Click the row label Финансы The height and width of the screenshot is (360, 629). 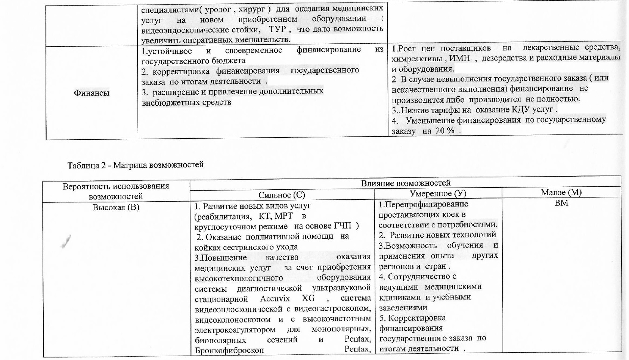[x=92, y=93]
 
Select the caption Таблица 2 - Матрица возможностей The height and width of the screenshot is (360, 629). [x=135, y=165]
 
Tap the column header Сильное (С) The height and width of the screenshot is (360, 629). [x=282, y=195]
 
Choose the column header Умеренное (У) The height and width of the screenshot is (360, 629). [x=438, y=193]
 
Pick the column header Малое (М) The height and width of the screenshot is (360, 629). [x=561, y=192]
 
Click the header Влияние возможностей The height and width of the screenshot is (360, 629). [x=405, y=183]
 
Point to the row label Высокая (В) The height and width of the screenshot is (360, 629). [x=116, y=207]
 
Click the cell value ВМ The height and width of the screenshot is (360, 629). [x=561, y=203]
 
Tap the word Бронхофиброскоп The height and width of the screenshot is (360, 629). [x=229, y=350]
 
